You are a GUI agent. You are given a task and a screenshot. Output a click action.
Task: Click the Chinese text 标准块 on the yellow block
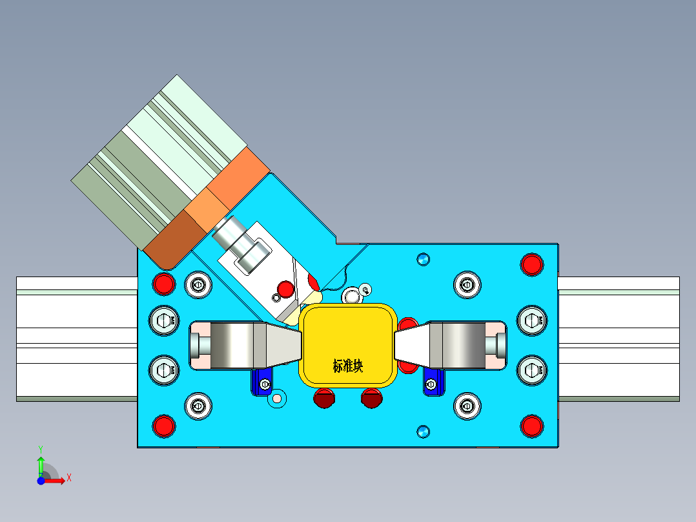click(x=348, y=366)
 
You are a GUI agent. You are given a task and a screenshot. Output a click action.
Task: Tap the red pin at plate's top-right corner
click(x=531, y=264)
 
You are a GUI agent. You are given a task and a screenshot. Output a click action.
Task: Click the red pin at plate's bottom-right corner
click(x=531, y=425)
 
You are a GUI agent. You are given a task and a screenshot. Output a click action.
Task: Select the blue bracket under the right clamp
click(x=433, y=382)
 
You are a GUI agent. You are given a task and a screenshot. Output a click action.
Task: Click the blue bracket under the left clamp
click(x=261, y=381)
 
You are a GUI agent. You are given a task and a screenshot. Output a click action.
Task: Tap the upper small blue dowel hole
click(x=423, y=259)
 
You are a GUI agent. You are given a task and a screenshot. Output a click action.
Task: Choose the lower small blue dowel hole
click(x=423, y=431)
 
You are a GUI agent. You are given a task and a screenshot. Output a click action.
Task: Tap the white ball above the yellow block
click(x=352, y=297)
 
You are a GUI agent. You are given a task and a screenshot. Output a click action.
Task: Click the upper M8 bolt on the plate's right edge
click(x=532, y=318)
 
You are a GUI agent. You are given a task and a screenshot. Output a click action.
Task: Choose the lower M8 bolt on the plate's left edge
click(x=163, y=370)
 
